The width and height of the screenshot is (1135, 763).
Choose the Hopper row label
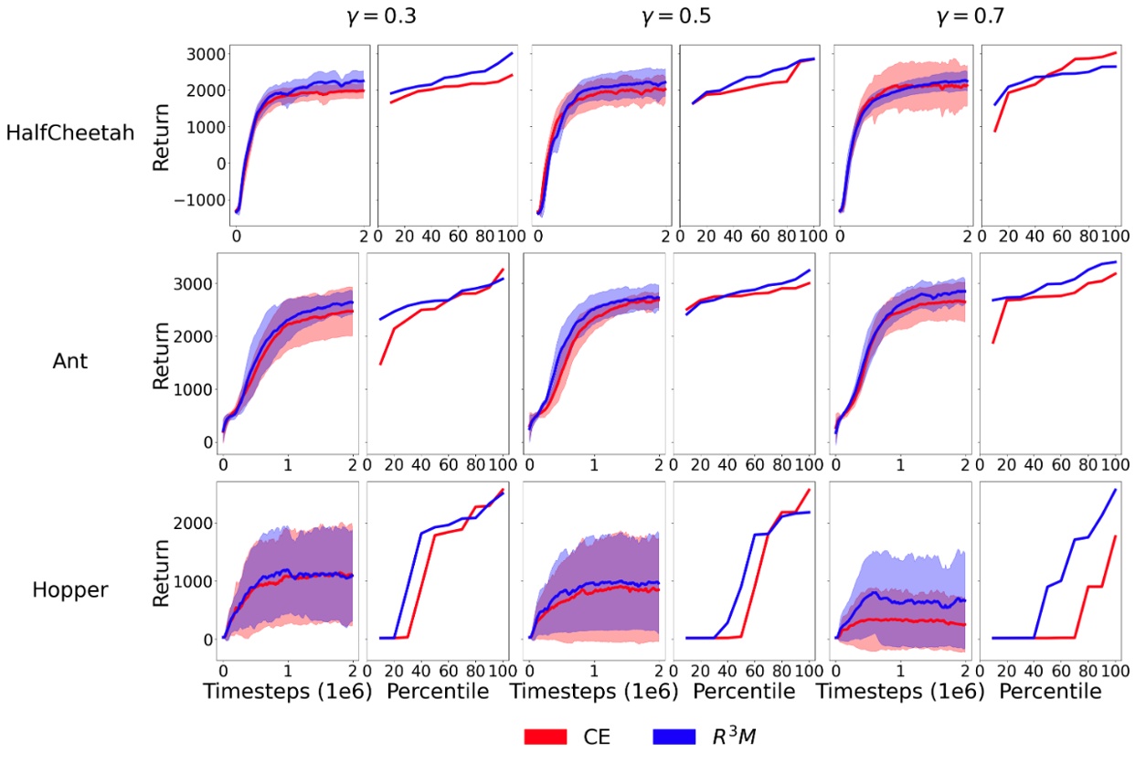tap(69, 589)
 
